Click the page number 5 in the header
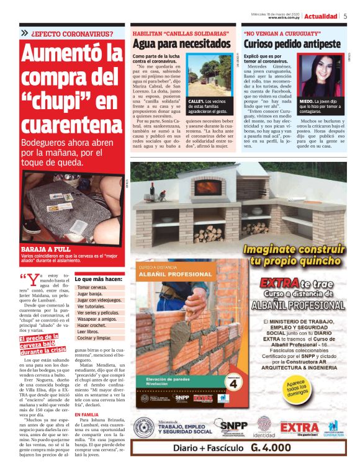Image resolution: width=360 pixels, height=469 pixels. coord(345,16)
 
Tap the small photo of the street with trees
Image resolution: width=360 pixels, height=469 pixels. coord(209,77)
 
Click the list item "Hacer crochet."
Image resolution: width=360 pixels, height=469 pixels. coord(91,325)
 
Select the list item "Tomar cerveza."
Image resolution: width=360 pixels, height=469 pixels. coord(92,288)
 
